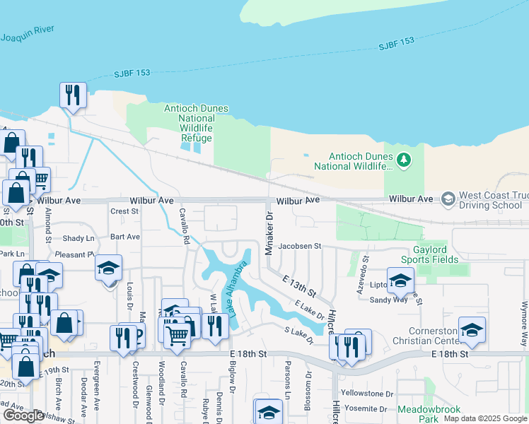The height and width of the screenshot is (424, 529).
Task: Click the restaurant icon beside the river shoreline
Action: coord(73,94)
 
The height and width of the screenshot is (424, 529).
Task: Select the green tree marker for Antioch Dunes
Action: coord(404,160)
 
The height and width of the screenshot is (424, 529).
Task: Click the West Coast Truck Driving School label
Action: coord(493,200)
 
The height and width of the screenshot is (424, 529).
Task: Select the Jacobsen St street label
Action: coord(300,247)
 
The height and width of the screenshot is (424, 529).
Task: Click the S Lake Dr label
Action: coord(298,336)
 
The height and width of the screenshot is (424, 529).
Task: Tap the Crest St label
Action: coord(124,211)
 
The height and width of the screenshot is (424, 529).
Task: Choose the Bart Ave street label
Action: coord(125,237)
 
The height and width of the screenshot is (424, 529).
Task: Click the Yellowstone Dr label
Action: coord(366,393)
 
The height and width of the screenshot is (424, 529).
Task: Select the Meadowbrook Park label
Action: coord(429,414)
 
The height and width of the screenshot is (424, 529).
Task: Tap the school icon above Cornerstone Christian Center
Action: coord(472,329)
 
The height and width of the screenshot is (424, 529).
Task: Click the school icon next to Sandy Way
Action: coord(400,281)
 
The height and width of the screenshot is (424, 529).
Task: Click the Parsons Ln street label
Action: coord(288,378)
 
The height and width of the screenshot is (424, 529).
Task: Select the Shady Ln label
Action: coord(78,238)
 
